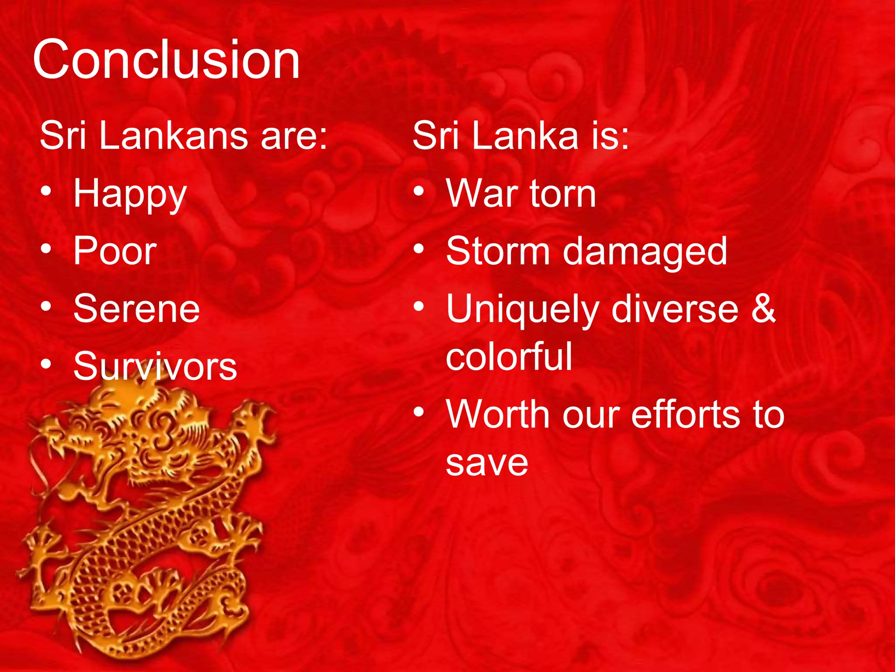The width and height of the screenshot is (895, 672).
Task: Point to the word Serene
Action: pyautogui.click(x=136, y=309)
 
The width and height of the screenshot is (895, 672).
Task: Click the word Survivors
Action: pyautogui.click(x=155, y=367)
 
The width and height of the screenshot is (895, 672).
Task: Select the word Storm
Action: pyautogui.click(x=498, y=251)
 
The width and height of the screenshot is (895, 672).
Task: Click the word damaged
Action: pyautogui.click(x=645, y=252)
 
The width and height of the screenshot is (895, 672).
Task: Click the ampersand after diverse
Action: pyautogui.click(x=763, y=309)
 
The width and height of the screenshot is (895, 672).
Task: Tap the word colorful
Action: pyautogui.click(x=509, y=357)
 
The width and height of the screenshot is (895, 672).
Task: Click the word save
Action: pyautogui.click(x=487, y=463)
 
